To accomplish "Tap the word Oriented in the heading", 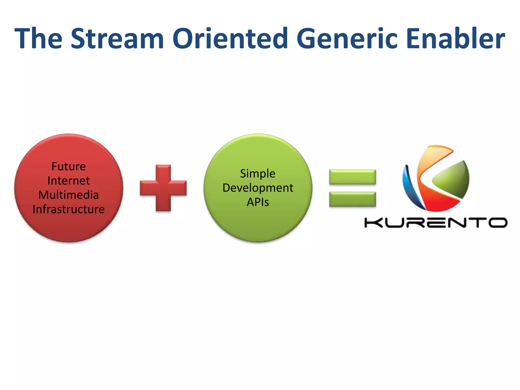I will point(230,39).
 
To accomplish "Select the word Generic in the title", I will point(347,39).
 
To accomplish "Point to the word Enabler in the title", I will point(456,39).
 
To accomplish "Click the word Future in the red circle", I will point(69,167).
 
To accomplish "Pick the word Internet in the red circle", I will point(69,181).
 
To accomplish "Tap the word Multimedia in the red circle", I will point(69,195).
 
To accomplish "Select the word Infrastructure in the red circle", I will point(69,209).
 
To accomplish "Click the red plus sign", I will point(163,188).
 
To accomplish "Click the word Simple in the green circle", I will point(258,174).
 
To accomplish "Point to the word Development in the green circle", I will point(258,188).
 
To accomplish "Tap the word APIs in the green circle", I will point(258,202).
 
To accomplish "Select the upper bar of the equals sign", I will point(352,177).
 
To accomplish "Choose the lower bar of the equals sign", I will point(352,199).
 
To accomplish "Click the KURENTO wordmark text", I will point(436,223).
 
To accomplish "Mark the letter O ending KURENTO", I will point(498,223).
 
